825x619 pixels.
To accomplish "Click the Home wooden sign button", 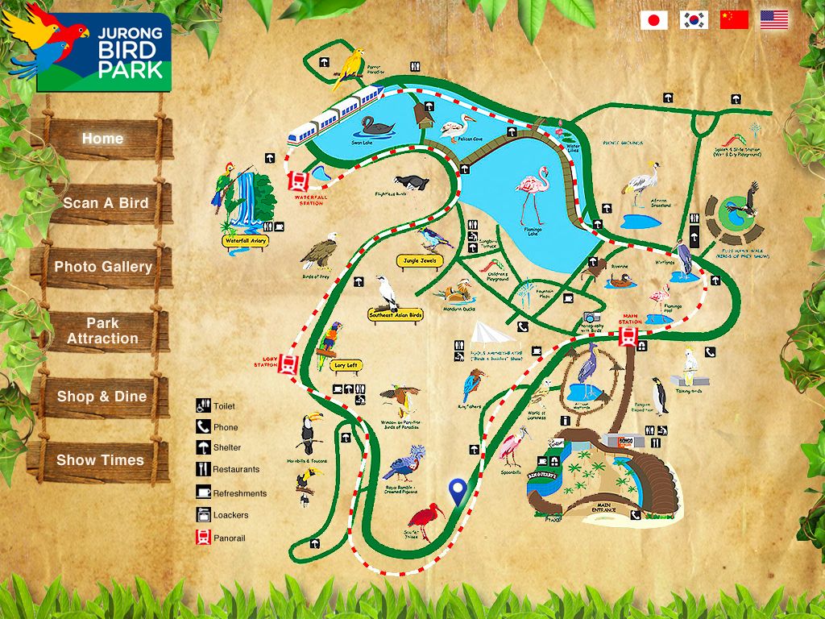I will pyautogui.click(x=102, y=139).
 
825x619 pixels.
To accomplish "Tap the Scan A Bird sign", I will pyautogui.click(x=106, y=203).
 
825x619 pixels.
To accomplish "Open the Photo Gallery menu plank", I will pyautogui.click(x=103, y=267).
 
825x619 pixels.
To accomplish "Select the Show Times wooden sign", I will pyautogui.click(x=100, y=460).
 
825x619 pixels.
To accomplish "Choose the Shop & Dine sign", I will pyautogui.click(x=102, y=397).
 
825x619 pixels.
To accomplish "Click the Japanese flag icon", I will pyautogui.click(x=654, y=20).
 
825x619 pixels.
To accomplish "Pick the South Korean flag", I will pyautogui.click(x=694, y=20).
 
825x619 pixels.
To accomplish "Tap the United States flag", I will pyautogui.click(x=774, y=20).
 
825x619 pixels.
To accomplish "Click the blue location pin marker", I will pyautogui.click(x=458, y=489).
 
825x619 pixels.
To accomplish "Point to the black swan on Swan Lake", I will pyautogui.click(x=377, y=126).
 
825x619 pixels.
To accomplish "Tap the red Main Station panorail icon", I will pyautogui.click(x=628, y=338).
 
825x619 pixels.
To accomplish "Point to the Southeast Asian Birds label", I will pyautogui.click(x=395, y=314).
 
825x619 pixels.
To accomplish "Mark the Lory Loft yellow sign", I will pyautogui.click(x=347, y=365).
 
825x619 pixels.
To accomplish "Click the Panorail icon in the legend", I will pyautogui.click(x=203, y=538).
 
